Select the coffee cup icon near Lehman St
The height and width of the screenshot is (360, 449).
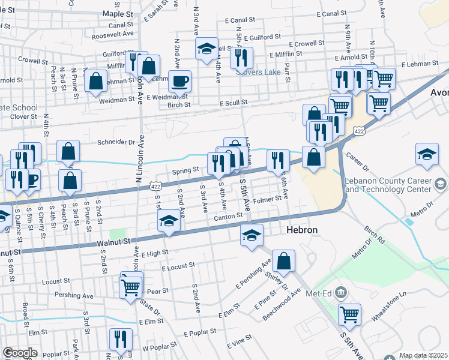click(x=179, y=81)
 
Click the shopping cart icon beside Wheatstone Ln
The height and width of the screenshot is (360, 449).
click(x=349, y=313)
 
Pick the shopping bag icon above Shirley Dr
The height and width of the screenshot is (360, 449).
click(x=283, y=260)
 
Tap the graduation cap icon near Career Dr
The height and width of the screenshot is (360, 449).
click(x=427, y=154)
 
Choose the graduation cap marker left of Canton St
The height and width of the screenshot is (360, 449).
click(x=169, y=222)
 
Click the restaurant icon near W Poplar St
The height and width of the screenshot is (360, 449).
click(x=120, y=339)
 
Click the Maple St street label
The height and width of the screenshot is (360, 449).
click(x=116, y=13)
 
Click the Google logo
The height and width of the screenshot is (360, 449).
click(x=19, y=353)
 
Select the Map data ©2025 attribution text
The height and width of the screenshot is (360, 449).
click(x=423, y=355)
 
